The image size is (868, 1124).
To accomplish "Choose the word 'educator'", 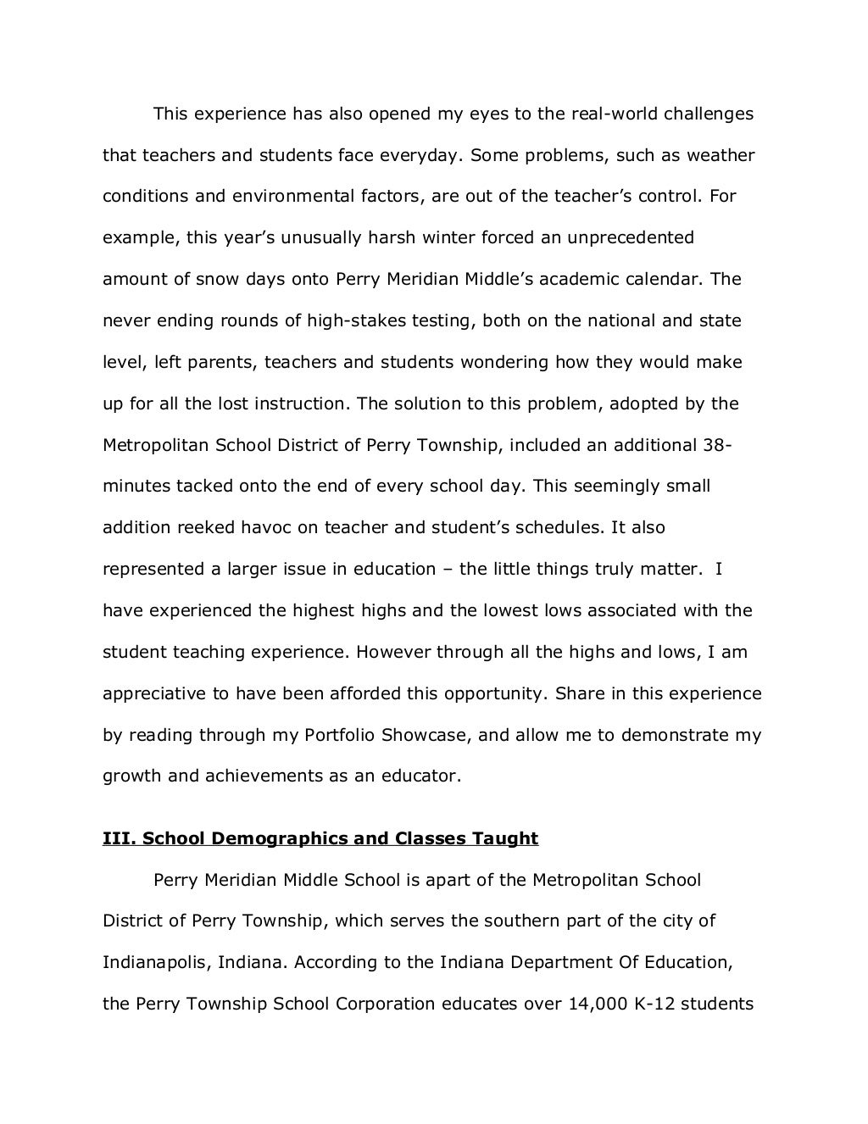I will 421,776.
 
